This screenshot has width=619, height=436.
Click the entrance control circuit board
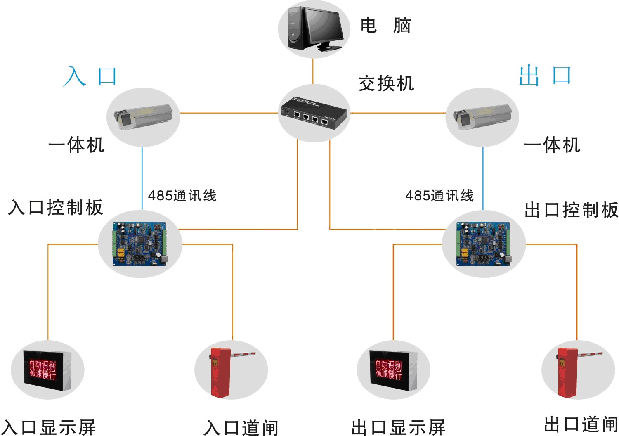click(140, 244)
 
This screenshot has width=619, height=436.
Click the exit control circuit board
click(483, 244)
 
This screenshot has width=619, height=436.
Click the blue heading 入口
click(90, 76)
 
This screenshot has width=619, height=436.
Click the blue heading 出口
click(545, 75)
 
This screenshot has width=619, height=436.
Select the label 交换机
click(386, 83)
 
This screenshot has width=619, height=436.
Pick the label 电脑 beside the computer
click(385, 26)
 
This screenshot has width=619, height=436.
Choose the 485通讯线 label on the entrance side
click(182, 195)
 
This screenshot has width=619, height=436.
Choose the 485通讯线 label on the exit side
click(439, 195)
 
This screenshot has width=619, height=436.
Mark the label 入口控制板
click(55, 207)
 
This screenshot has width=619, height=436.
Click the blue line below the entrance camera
click(142, 178)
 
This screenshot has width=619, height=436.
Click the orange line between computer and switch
click(313, 71)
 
